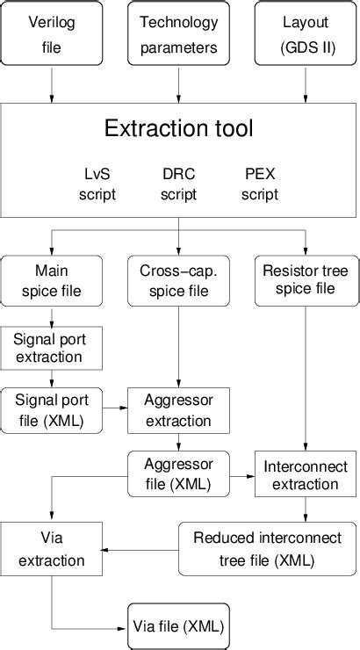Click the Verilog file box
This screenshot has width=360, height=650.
tap(52, 33)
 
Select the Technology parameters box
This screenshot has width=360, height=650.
tap(179, 33)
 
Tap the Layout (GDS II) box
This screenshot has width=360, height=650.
tap(306, 33)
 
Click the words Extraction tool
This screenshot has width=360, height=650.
tap(179, 129)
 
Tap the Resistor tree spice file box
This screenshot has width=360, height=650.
tap(306, 279)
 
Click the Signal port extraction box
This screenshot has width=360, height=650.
tap(52, 349)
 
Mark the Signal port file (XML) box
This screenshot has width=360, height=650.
tap(52, 408)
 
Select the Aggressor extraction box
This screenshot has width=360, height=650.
tap(179, 408)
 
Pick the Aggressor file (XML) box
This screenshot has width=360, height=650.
tap(179, 474)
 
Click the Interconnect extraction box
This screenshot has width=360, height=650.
tap(306, 474)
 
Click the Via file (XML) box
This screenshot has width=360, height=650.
tap(179, 626)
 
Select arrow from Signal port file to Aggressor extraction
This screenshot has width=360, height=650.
tap(116, 408)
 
